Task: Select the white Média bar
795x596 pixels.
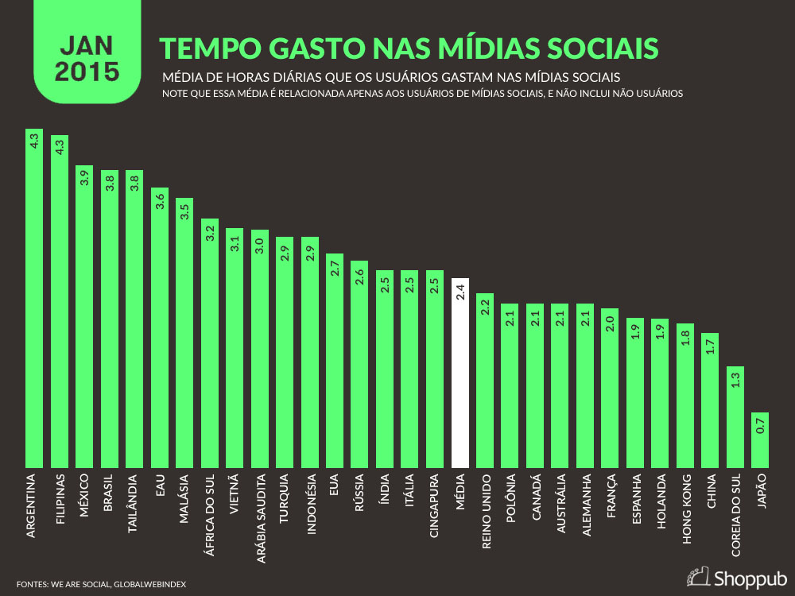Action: [x=460, y=373]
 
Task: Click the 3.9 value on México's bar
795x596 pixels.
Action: [x=84, y=179]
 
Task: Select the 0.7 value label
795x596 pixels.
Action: [x=760, y=426]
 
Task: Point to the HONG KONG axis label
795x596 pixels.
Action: [x=685, y=509]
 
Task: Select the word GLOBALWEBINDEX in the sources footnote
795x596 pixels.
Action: [x=150, y=584]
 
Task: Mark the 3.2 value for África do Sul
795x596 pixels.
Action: [x=209, y=233]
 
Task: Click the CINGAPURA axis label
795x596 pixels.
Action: [x=435, y=507]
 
